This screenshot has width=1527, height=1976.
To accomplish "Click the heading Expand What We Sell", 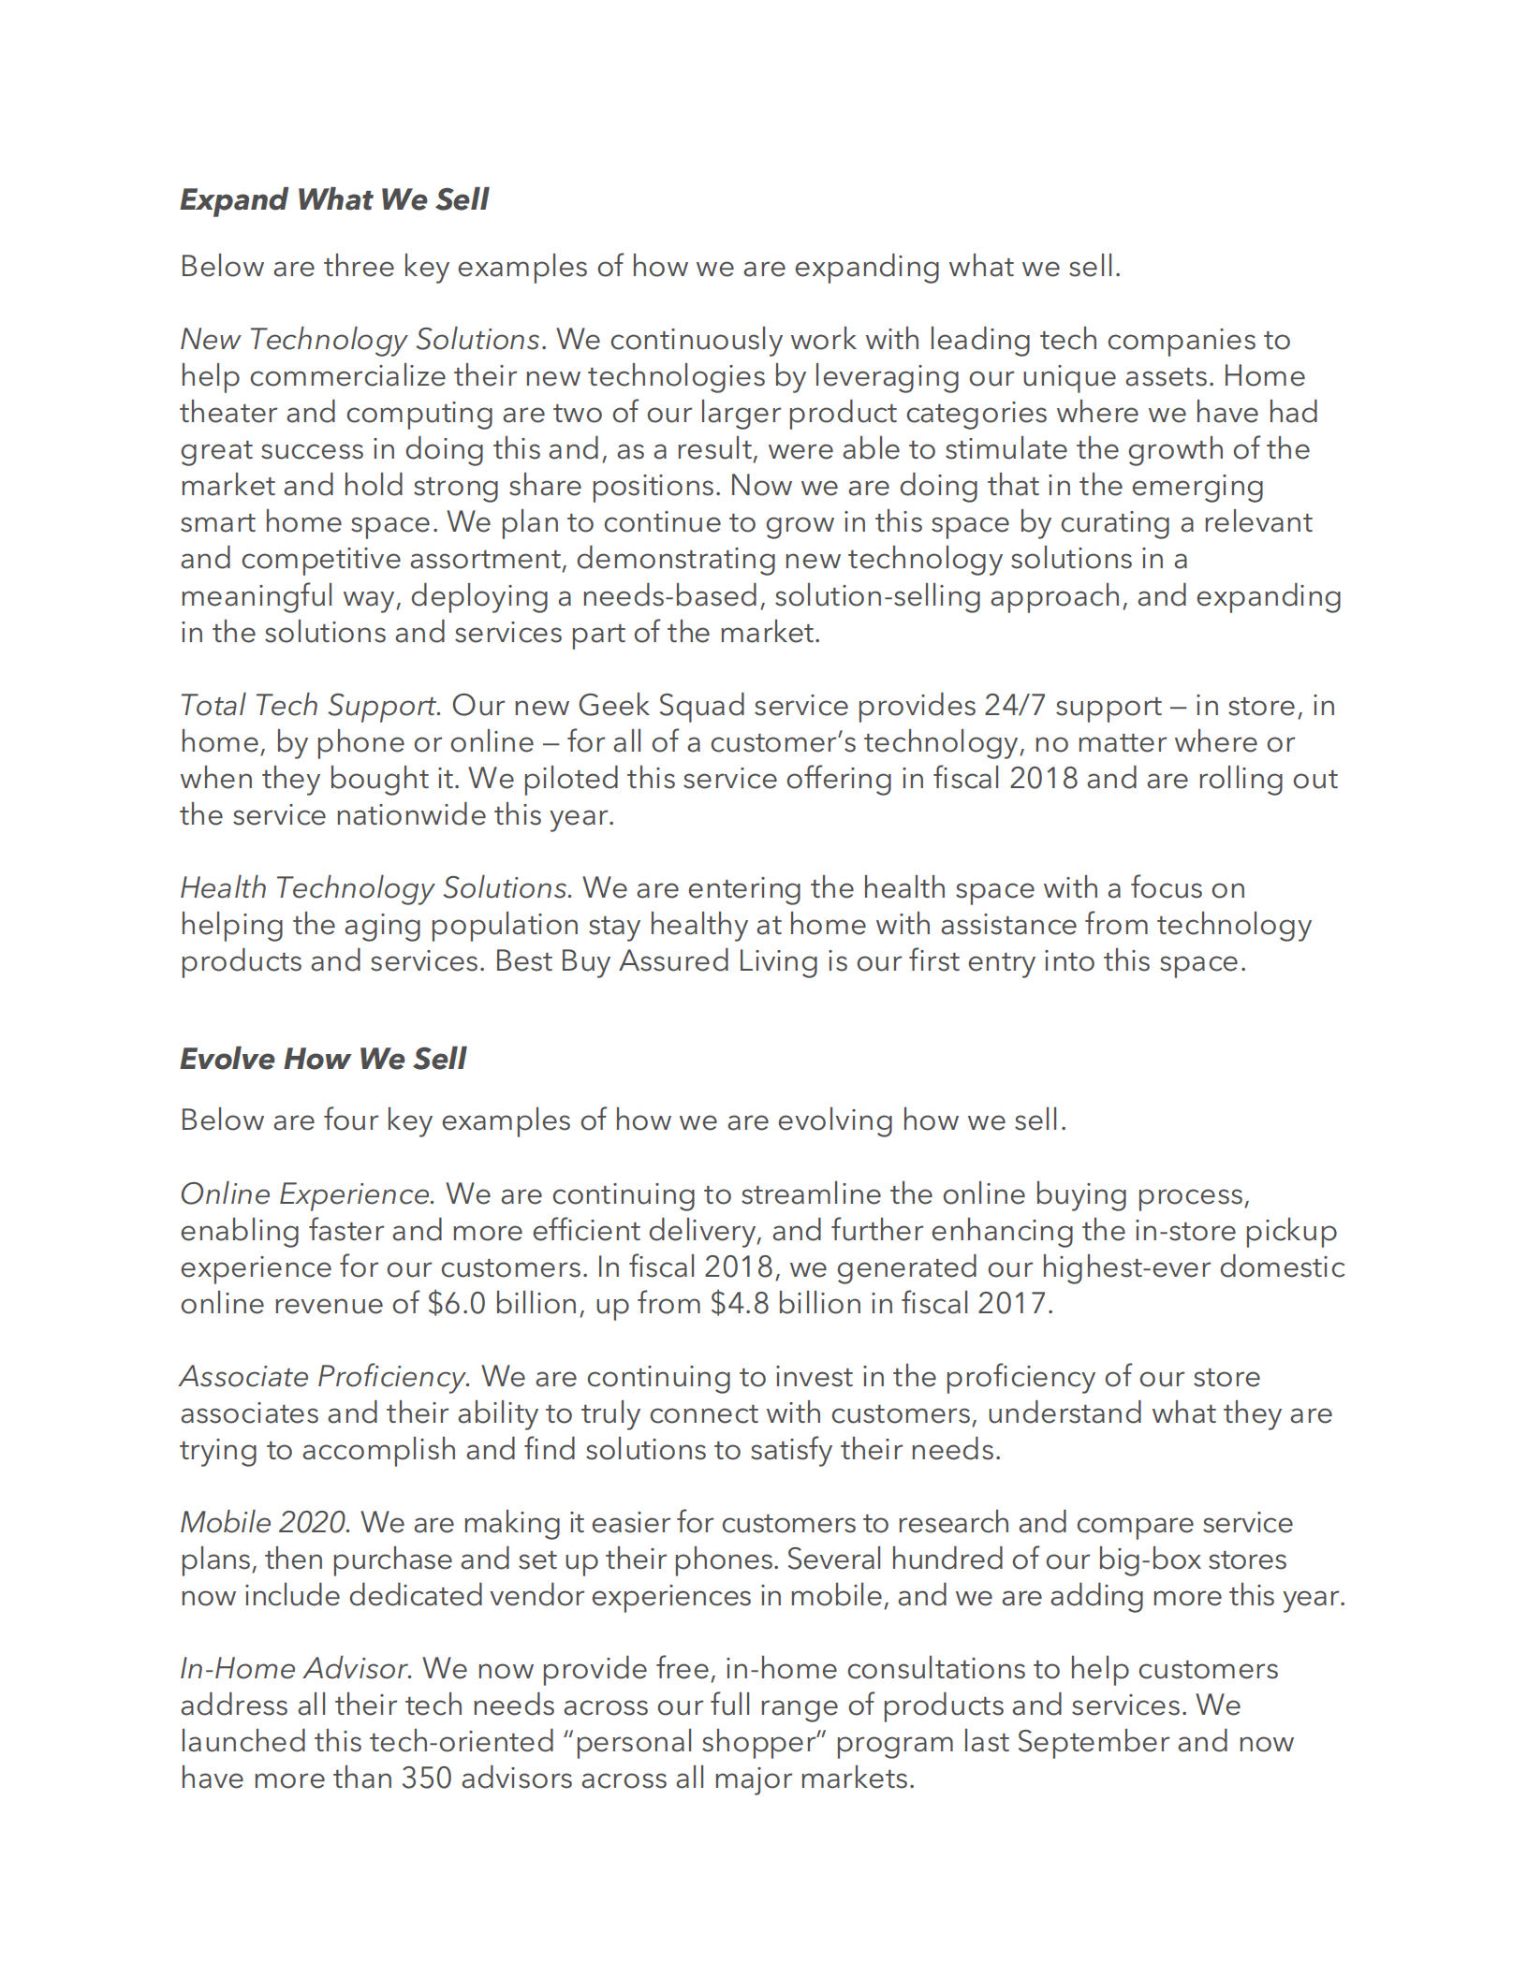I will [x=334, y=199].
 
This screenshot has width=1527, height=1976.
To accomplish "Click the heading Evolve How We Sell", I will [x=323, y=1059].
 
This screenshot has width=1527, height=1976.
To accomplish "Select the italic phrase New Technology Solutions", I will [x=360, y=339].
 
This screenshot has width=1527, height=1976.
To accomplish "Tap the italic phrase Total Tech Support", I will [x=308, y=705].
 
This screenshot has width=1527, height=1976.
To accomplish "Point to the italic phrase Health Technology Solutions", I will [x=374, y=887].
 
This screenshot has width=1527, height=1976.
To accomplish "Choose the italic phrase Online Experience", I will [x=305, y=1193].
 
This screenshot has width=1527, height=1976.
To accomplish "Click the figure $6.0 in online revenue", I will [x=457, y=1303].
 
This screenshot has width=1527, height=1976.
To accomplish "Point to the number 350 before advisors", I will [x=427, y=1778].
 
